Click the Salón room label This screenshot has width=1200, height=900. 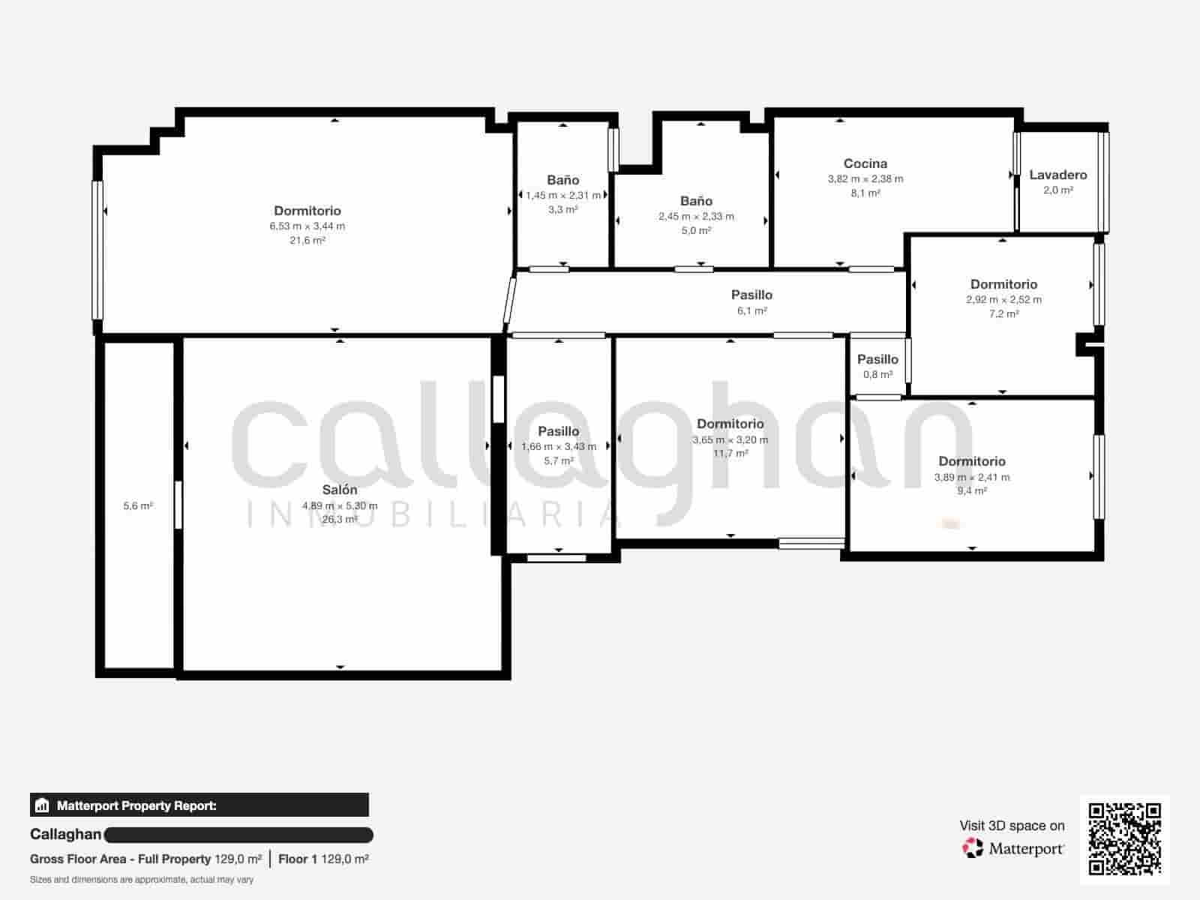click(340, 490)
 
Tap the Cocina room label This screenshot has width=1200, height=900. click(865, 163)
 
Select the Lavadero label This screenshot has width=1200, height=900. click(1057, 175)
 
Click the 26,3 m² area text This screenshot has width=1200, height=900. click(340, 519)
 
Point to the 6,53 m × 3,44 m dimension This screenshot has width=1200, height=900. click(307, 226)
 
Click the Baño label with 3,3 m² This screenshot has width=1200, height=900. click(562, 180)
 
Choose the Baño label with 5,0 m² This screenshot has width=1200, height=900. click(696, 201)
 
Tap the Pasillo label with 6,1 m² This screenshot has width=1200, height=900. click(751, 295)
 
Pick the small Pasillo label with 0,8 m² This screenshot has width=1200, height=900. click(877, 359)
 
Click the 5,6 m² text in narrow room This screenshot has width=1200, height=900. click(138, 506)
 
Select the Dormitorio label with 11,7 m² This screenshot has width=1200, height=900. click(730, 424)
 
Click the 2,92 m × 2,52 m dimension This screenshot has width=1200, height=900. click(1003, 299)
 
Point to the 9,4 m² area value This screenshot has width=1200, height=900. click(972, 490)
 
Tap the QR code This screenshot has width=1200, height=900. click(1124, 839)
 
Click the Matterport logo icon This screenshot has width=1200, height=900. click(973, 848)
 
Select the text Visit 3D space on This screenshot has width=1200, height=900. click(1012, 826)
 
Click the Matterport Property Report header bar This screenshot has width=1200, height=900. click(199, 805)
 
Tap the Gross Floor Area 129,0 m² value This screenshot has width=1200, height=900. click(238, 859)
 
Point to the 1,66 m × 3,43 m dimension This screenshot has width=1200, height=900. click(559, 446)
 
